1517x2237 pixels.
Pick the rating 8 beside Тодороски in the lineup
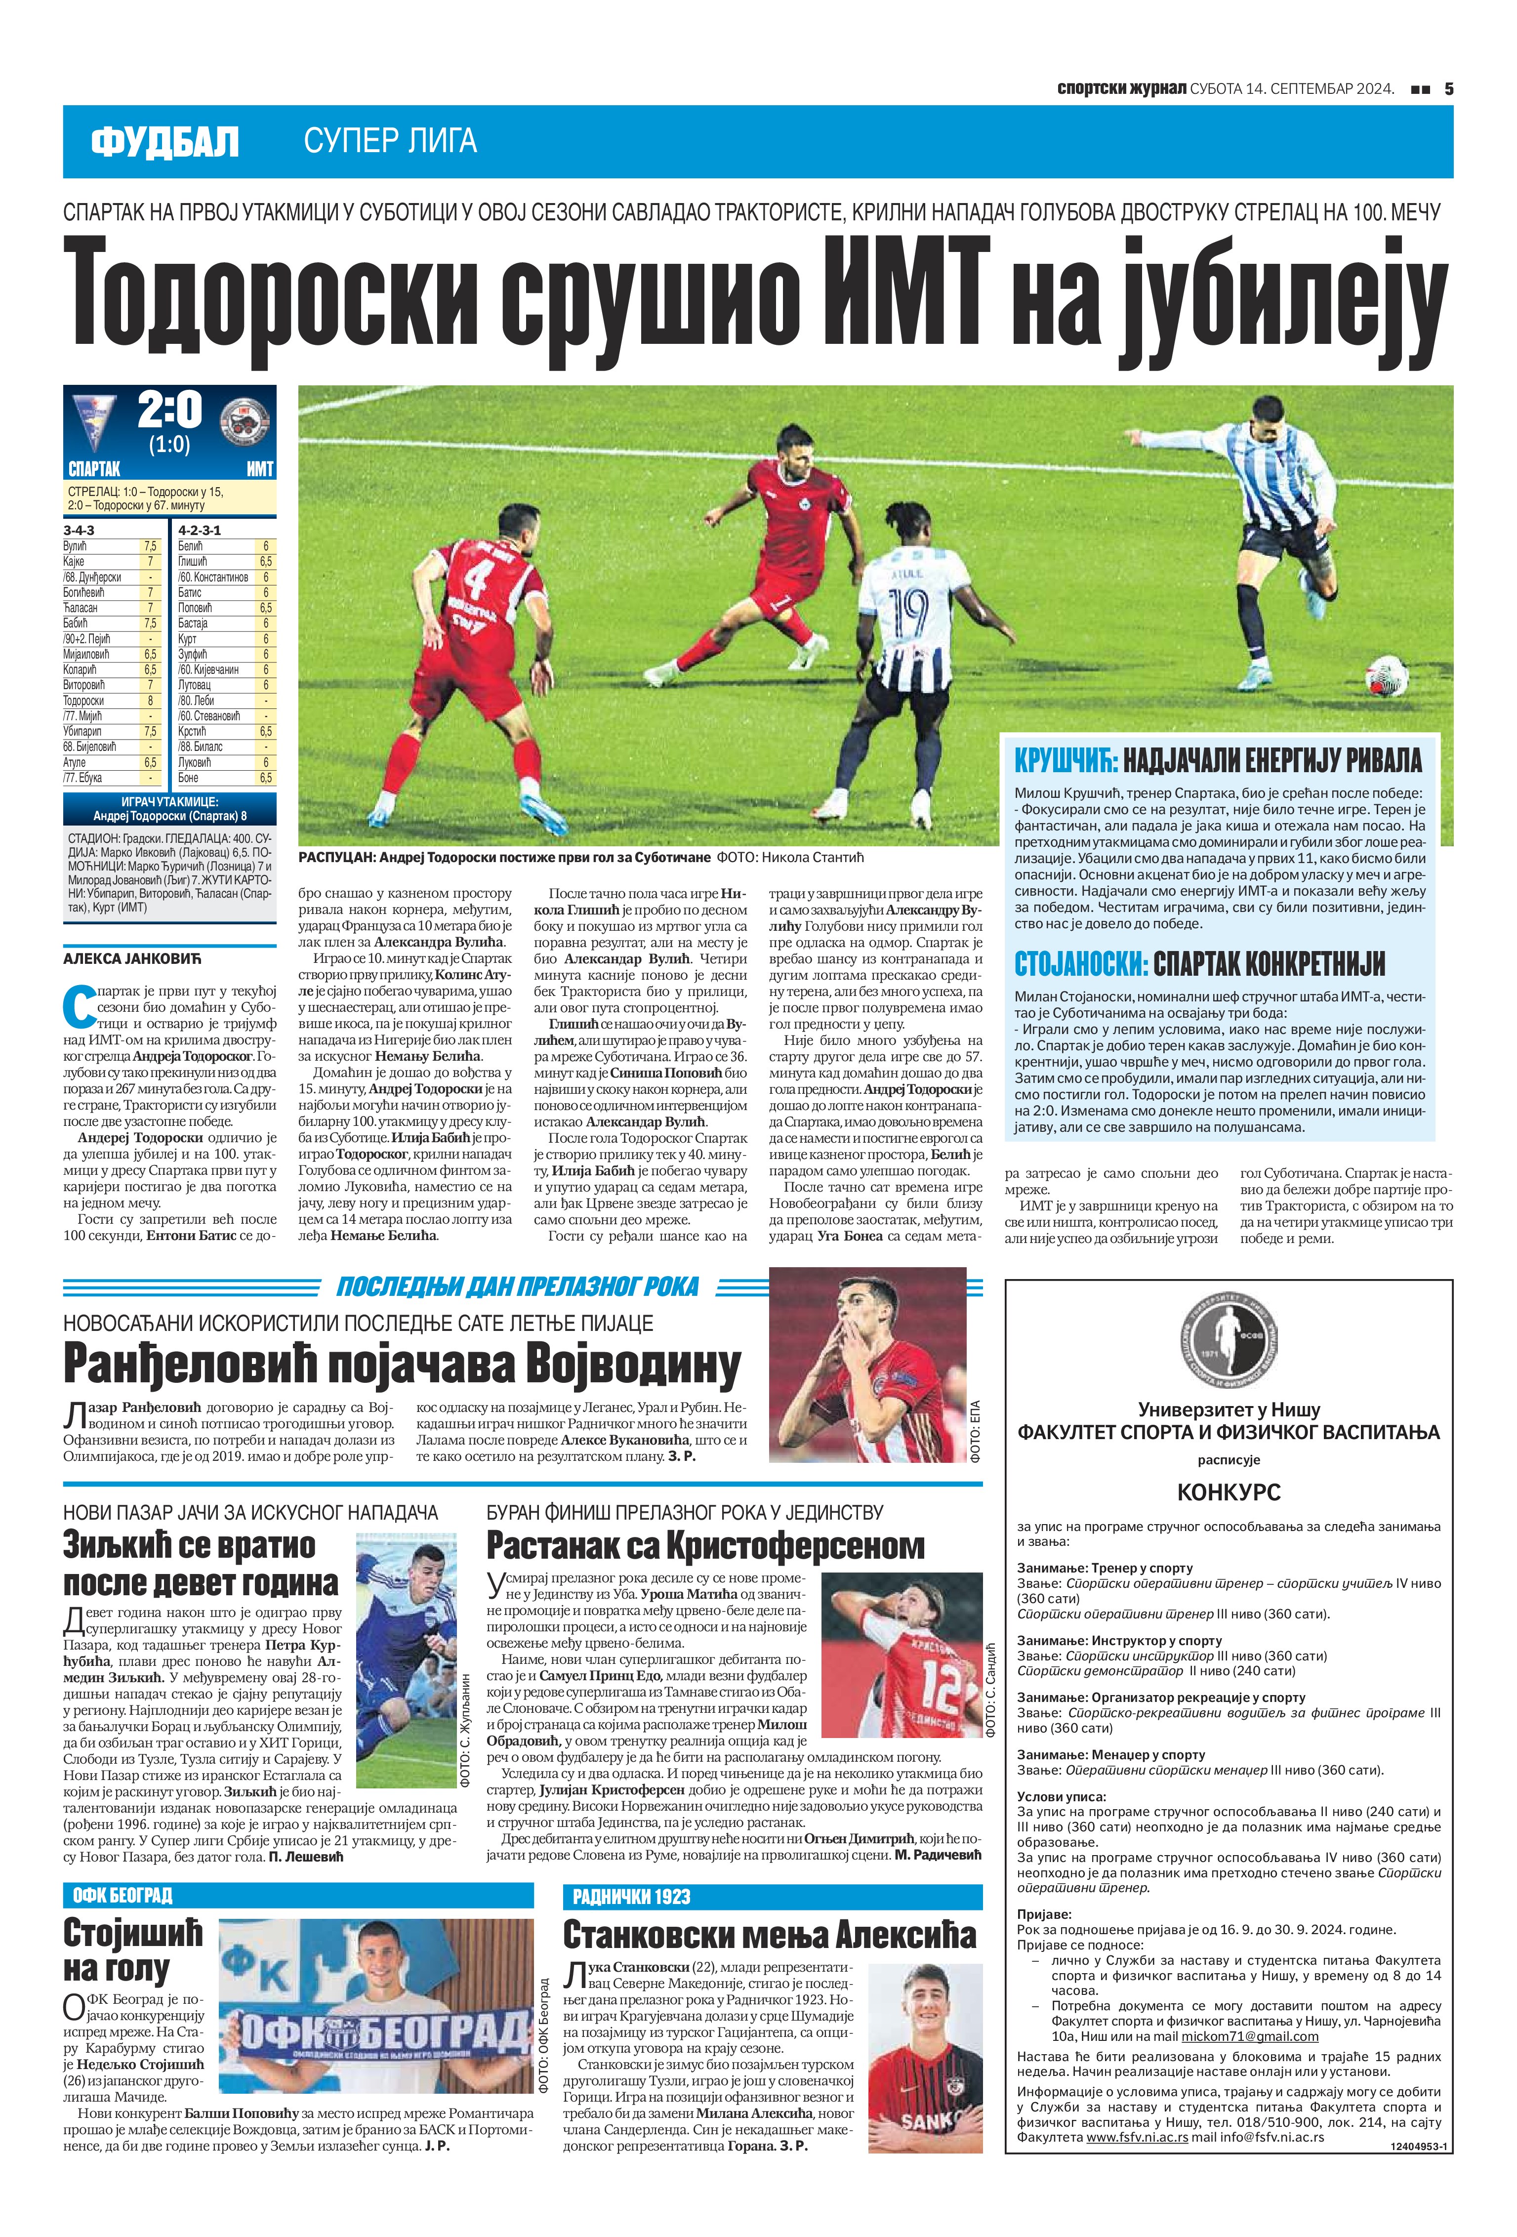click(150, 701)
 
